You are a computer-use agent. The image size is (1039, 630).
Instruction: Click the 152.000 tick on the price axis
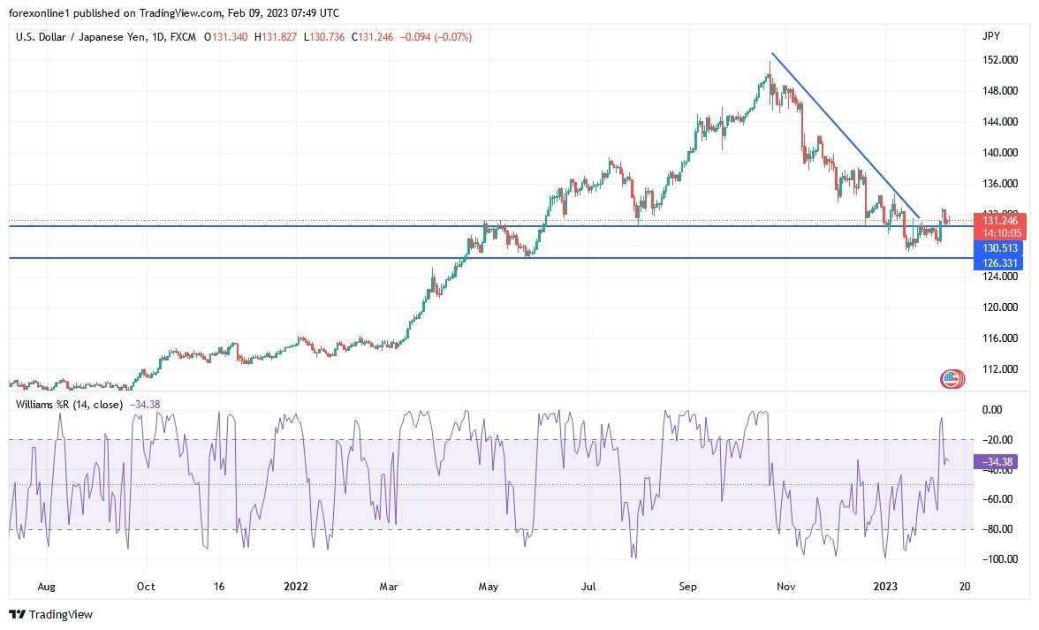[998, 60]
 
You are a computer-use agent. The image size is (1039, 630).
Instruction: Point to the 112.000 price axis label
[998, 369]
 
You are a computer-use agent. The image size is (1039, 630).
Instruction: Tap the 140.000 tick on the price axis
[998, 153]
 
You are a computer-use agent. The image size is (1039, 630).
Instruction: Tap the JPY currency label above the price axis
[990, 36]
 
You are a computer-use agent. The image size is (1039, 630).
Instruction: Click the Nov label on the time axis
[784, 586]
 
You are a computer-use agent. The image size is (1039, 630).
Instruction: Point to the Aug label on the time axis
[48, 586]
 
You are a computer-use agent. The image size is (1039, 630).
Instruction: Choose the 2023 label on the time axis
[886, 586]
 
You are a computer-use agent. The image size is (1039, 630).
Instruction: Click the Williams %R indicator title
[70, 405]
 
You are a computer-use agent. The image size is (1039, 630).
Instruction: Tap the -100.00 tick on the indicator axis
[998, 559]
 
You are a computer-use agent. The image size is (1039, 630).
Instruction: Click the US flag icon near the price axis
[952, 379]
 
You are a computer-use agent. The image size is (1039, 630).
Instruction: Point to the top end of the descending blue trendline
[772, 54]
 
